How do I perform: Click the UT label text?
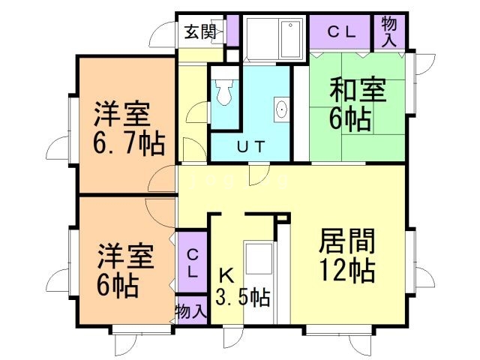pyautogui.click(x=250, y=147)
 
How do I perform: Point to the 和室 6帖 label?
pyautogui.click(x=358, y=104)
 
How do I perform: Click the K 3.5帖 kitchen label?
pyautogui.click(x=241, y=286)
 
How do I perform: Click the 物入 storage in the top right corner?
pyautogui.click(x=390, y=31)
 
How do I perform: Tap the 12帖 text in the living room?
pyautogui.click(x=346, y=271)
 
